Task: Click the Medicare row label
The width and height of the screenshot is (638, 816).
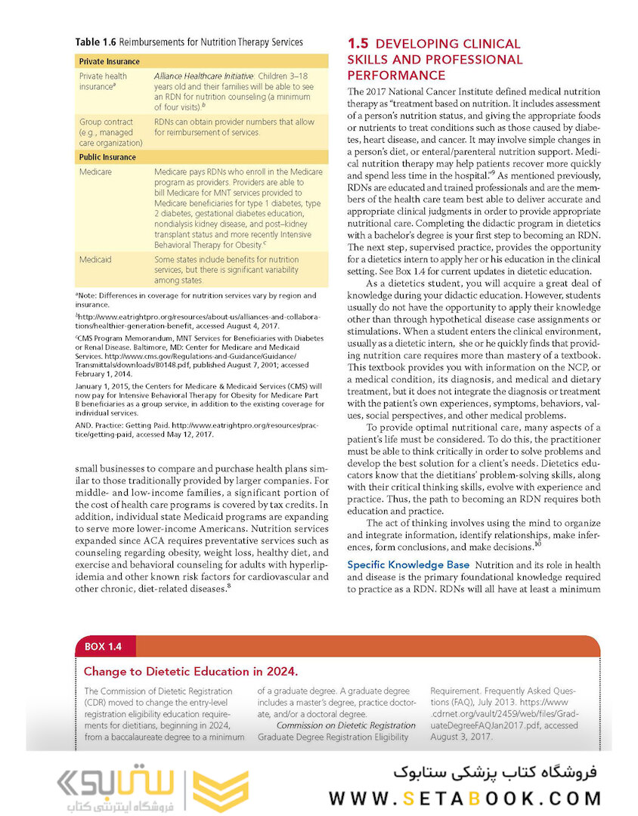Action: [x=96, y=172]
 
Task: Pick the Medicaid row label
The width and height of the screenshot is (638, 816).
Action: [x=95, y=259]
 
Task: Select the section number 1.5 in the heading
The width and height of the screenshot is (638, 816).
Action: [x=358, y=44]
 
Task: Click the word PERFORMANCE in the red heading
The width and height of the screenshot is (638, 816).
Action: [x=395, y=76]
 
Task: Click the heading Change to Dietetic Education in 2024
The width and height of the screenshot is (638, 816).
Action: [x=190, y=671]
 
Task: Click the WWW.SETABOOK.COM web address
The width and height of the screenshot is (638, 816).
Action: [x=465, y=798]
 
